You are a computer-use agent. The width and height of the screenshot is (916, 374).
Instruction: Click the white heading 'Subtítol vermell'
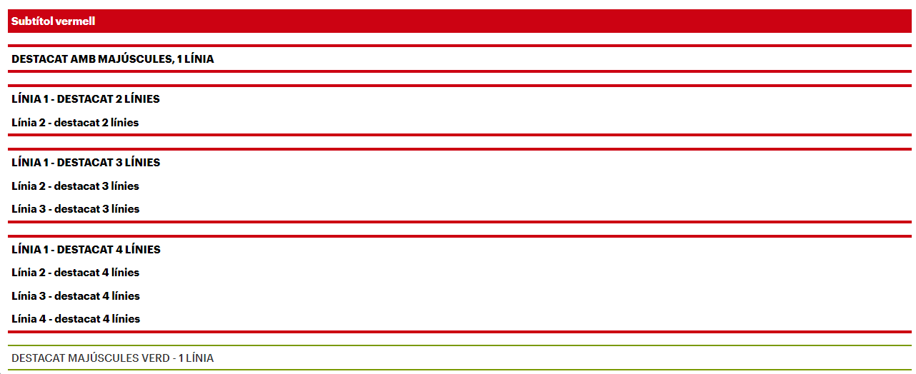(x=53, y=21)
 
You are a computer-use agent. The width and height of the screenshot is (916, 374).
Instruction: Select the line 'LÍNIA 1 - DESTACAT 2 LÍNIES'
(x=86, y=98)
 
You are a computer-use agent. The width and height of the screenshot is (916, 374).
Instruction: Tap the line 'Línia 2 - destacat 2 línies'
(x=75, y=123)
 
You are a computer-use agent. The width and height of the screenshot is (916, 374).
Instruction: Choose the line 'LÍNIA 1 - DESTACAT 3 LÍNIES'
(x=86, y=162)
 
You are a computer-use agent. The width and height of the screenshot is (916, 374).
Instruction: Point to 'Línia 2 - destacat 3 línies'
(x=75, y=186)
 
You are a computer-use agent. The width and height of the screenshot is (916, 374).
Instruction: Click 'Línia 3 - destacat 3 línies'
(x=75, y=208)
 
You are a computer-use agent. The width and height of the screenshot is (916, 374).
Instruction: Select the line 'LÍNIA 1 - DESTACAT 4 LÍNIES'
(x=86, y=249)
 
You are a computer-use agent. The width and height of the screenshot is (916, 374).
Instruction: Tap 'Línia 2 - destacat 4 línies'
(x=75, y=273)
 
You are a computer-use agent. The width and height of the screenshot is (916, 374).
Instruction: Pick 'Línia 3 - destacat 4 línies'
(x=76, y=295)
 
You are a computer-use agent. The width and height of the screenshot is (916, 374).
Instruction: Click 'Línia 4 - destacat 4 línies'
(x=76, y=318)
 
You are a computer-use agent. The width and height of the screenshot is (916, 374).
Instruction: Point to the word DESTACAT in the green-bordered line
(x=38, y=358)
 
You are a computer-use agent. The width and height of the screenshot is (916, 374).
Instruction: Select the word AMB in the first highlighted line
(x=83, y=59)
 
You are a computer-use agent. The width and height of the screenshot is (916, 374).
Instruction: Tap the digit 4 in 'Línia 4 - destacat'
(x=43, y=318)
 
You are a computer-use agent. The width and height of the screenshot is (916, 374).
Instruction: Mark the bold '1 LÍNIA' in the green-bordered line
(x=196, y=358)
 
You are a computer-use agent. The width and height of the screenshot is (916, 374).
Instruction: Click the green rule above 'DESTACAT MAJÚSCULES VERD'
(x=459, y=345)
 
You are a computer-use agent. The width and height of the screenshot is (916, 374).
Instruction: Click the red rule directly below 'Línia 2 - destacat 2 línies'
(x=459, y=135)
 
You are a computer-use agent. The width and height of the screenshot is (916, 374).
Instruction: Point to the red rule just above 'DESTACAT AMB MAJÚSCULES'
(x=459, y=46)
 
